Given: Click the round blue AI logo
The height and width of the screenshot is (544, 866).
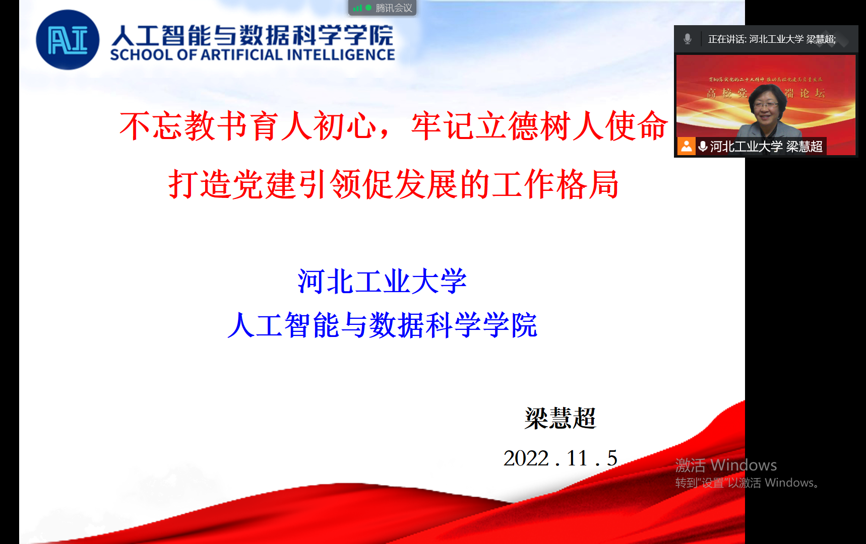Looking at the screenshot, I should [68, 40].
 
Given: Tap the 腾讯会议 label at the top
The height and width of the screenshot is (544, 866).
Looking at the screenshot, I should [394, 8].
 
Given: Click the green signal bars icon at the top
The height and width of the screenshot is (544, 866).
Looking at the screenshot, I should [357, 8].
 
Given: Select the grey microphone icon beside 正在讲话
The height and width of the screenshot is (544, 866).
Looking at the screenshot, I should [687, 39].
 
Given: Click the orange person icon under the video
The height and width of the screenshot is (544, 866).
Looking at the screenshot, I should [686, 146].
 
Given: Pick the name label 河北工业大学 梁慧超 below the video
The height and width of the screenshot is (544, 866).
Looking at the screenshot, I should [766, 147].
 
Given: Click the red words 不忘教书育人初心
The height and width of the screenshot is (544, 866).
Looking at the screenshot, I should [248, 126].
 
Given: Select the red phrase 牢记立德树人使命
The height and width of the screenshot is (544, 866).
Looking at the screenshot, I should [539, 126].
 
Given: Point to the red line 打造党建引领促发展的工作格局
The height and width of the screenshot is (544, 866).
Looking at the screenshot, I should [393, 184].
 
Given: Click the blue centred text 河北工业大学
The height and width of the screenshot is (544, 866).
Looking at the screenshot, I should [382, 281].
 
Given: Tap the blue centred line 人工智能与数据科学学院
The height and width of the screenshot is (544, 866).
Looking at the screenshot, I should [382, 325].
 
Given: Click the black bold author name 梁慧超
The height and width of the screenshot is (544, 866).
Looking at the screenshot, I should [560, 418].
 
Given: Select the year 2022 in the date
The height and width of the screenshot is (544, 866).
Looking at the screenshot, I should [526, 458].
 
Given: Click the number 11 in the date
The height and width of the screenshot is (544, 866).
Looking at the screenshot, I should [577, 458].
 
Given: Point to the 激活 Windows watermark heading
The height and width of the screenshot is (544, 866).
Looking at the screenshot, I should [726, 465].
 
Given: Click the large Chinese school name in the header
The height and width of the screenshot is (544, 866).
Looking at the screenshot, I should [252, 35].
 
